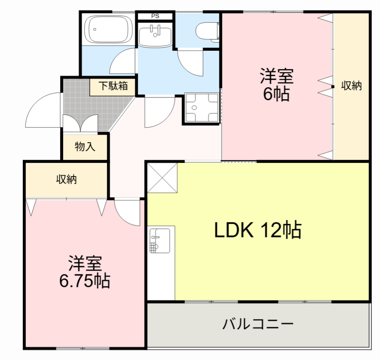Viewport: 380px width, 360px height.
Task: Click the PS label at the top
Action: click(x=154, y=16)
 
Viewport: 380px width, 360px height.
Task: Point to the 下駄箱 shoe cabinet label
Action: click(x=113, y=85)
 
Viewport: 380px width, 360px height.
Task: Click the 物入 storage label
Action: click(x=85, y=147)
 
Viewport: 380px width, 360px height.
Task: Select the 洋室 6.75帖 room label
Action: click(x=85, y=272)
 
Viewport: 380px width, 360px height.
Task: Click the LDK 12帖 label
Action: click(x=258, y=231)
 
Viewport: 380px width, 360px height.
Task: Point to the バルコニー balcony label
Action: click(x=258, y=323)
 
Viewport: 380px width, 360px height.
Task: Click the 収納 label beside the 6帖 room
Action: click(x=351, y=85)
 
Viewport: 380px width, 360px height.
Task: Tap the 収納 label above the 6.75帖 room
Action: click(x=66, y=179)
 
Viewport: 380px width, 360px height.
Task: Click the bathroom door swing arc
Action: click(x=123, y=62)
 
